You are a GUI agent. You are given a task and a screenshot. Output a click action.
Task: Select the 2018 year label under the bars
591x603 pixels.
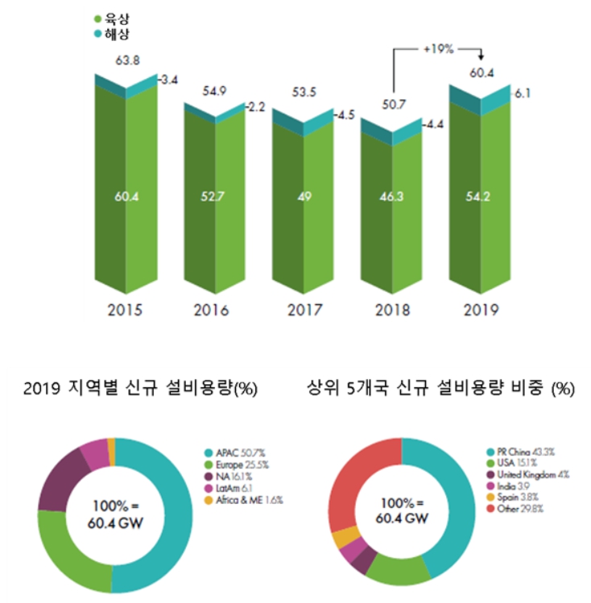click(x=391, y=310)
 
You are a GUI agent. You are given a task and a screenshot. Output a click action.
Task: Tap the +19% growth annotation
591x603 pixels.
click(x=438, y=49)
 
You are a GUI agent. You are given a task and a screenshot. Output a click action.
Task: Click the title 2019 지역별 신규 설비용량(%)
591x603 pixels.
click(x=140, y=390)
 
